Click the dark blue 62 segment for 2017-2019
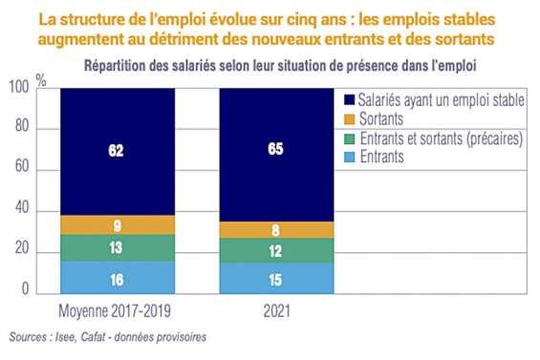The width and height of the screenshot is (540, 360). click(x=117, y=151)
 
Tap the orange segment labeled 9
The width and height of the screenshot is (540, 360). click(x=117, y=225)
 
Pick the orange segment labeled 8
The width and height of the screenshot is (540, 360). click(x=276, y=230)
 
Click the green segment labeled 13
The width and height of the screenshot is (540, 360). click(x=117, y=248)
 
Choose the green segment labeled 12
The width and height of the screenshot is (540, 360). click(x=276, y=250)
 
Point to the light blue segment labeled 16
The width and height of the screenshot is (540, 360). click(x=117, y=278)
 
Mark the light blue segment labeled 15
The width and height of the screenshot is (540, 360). click(x=276, y=279)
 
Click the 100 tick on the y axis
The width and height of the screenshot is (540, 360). click(x=18, y=89)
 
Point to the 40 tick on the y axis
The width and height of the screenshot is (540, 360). click(x=22, y=211)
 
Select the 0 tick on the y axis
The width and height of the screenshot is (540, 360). click(x=26, y=292)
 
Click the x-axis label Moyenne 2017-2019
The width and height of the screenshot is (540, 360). click(x=116, y=311)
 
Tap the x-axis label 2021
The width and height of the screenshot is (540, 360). click(x=276, y=311)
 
